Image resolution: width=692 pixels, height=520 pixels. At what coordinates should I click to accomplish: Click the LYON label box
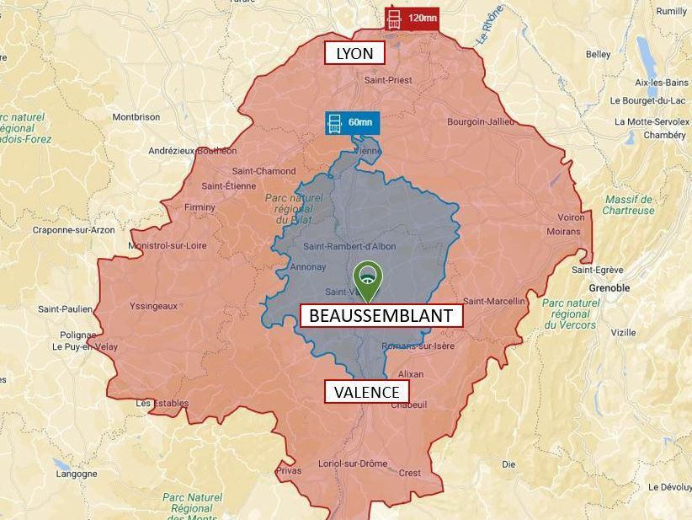(x=354, y=54)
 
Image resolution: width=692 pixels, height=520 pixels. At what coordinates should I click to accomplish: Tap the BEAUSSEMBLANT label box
(x=381, y=316)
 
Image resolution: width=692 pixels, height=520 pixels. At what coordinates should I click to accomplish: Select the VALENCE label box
(x=366, y=392)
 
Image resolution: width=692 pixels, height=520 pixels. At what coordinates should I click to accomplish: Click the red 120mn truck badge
(x=412, y=18)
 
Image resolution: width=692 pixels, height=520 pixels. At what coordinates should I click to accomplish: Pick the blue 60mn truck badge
(x=352, y=122)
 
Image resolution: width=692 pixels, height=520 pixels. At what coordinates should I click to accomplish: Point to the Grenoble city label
(x=609, y=287)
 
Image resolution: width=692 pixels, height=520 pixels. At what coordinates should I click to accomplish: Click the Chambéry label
(x=665, y=135)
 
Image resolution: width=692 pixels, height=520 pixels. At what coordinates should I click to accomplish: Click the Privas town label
(x=288, y=470)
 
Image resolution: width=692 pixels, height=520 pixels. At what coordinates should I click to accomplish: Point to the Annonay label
(x=307, y=267)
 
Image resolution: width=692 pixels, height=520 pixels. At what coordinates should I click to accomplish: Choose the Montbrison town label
(x=136, y=117)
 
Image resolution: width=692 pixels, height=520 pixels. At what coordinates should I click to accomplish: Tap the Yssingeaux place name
(x=153, y=306)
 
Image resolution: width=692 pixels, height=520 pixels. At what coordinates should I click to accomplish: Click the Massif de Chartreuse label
(x=630, y=205)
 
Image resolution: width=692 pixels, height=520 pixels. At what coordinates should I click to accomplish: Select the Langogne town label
(x=77, y=474)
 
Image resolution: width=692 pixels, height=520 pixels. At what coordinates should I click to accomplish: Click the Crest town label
(x=410, y=473)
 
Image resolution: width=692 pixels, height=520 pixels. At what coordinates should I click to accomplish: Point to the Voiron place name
(x=570, y=217)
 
